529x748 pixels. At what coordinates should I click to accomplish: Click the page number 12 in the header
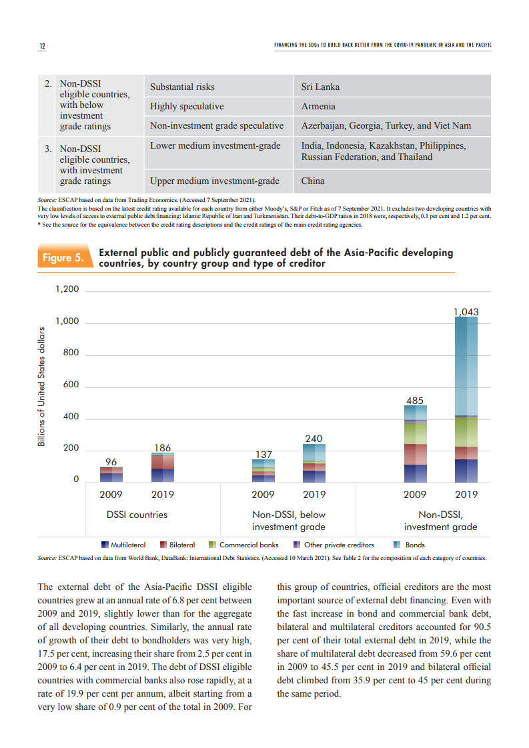pyautogui.click(x=42, y=46)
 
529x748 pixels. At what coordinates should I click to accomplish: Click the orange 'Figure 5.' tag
pyautogui.click(x=63, y=258)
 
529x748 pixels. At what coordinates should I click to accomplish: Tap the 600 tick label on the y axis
pyautogui.click(x=71, y=385)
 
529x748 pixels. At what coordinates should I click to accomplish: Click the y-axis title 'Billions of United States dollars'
pyautogui.click(x=41, y=386)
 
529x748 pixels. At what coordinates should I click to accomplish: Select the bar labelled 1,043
pyautogui.click(x=466, y=399)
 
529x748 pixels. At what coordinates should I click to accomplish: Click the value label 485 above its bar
pyautogui.click(x=415, y=401)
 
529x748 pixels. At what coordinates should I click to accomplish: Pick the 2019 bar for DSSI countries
pyautogui.click(x=163, y=467)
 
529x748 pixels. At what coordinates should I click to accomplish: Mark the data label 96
pyautogui.click(x=111, y=461)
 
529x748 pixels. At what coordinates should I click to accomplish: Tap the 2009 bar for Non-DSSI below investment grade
pyautogui.click(x=263, y=471)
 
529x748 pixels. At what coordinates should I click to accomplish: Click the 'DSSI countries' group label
pyautogui.click(x=137, y=515)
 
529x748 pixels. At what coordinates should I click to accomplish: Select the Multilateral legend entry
pyautogui.click(x=123, y=545)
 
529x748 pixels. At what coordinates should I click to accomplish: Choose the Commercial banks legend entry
pyautogui.click(x=243, y=545)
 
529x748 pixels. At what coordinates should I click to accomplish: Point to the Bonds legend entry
pyautogui.click(x=409, y=545)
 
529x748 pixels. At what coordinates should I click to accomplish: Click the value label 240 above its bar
pyautogui.click(x=314, y=439)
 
